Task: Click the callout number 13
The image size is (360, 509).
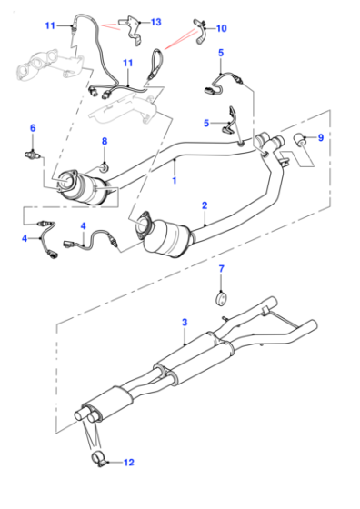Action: pos(155,22)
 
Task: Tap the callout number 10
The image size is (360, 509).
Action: pos(221,28)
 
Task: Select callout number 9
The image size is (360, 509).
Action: pos(321,137)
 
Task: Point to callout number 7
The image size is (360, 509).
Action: pos(221,269)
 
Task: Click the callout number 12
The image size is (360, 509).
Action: pos(128,463)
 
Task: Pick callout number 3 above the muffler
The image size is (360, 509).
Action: pos(185,323)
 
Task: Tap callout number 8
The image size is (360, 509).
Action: pos(105,141)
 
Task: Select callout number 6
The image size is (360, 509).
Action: pos(33,128)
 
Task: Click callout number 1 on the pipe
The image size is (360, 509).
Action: pos(175,180)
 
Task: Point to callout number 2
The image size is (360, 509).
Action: pos(205,205)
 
